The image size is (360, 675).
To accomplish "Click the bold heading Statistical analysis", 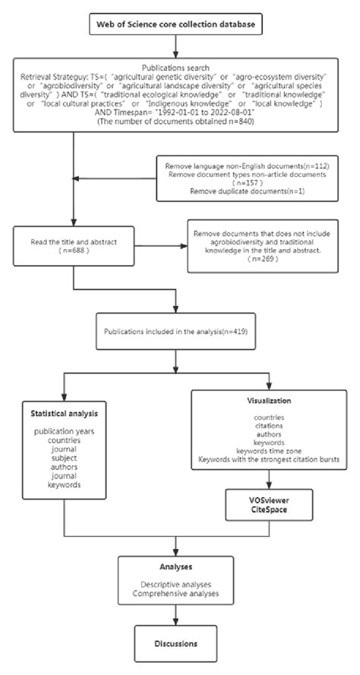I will pos(65,414).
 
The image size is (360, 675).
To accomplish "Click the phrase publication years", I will pos(65,431).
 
